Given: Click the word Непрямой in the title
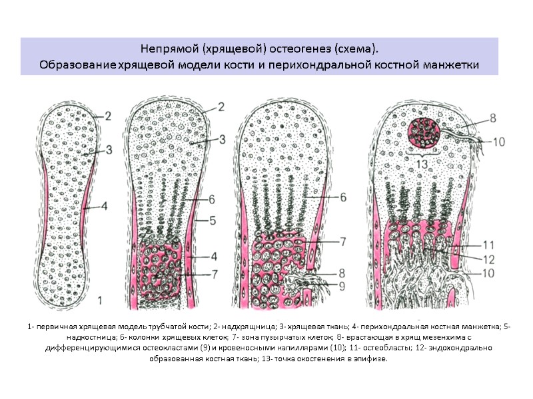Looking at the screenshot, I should coord(166,49).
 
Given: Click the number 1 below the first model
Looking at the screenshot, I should coord(99,300).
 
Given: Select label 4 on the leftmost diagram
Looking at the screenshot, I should coord(105,206).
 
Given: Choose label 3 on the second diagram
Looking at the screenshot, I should coord(222,139).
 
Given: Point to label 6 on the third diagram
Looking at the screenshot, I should coord(343,197).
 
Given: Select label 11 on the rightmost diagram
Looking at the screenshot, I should coord(488,243).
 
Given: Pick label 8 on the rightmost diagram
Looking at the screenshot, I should coord(492,118).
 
